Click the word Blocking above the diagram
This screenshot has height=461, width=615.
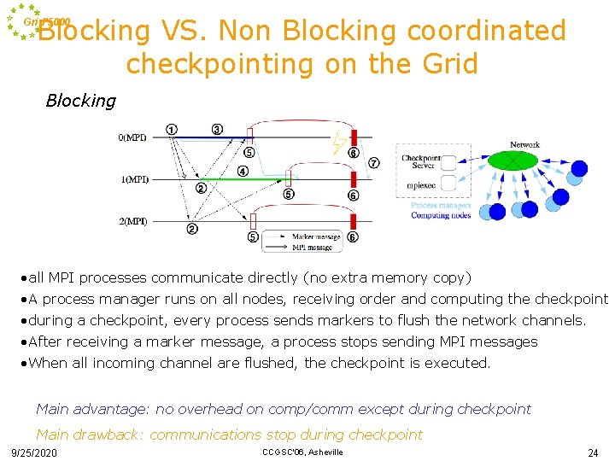tap(80, 101)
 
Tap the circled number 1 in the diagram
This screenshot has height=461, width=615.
tap(172, 130)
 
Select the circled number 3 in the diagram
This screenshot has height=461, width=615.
tap(217, 130)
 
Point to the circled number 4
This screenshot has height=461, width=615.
tap(243, 172)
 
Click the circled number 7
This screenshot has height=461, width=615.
tap(373, 163)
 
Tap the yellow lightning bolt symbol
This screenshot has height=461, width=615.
tap(339, 143)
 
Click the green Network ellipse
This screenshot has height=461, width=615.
tap(512, 160)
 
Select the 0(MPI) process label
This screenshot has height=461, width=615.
tap(132, 137)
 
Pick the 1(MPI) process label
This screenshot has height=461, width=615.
tap(132, 179)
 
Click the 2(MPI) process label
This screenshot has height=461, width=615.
tap(132, 221)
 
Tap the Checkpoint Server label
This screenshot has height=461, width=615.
tap(421, 161)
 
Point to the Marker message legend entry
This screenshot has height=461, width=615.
tap(315, 236)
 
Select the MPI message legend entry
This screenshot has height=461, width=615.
tap(313, 247)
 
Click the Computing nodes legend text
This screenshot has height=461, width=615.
tap(441, 215)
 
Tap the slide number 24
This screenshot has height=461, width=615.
tap(593, 452)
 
